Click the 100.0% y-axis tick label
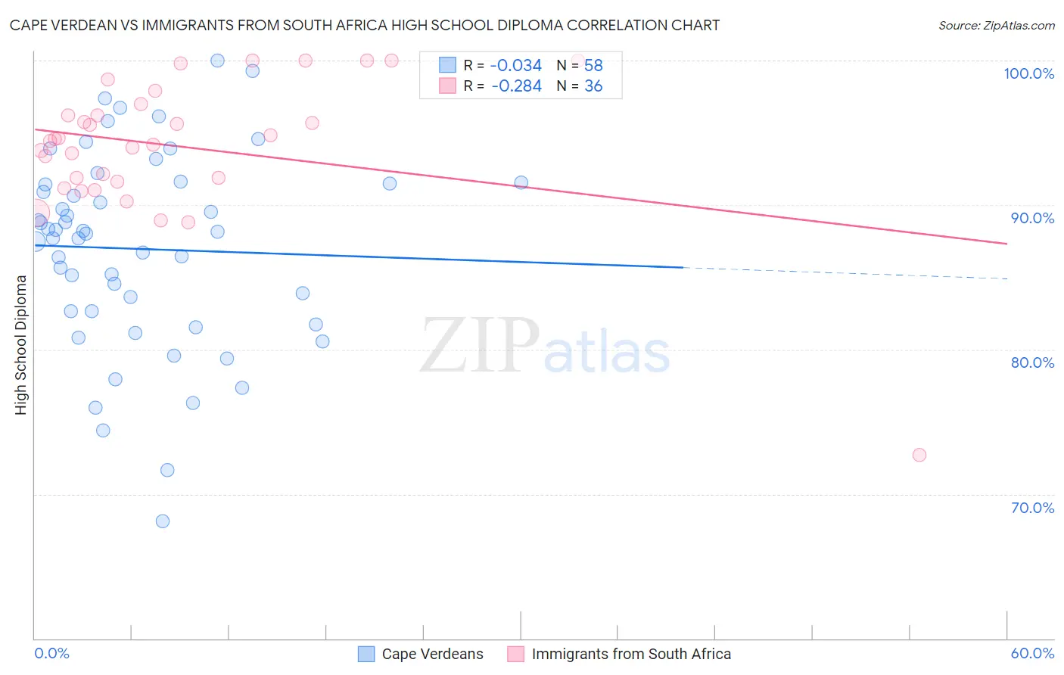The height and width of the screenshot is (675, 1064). (1028, 73)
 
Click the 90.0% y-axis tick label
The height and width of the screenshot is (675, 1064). (1032, 218)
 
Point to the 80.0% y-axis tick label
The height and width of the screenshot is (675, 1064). (1032, 362)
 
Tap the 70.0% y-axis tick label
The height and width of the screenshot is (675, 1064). (1032, 508)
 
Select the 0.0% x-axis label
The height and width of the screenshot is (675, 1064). (51, 653)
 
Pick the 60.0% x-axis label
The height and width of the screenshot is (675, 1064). (1032, 653)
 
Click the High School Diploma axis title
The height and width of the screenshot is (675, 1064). (21, 344)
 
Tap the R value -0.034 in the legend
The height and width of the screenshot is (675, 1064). (516, 66)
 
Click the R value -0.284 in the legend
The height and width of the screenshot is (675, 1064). (516, 86)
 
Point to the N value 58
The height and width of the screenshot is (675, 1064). (593, 66)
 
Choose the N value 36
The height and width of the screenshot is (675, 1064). (593, 86)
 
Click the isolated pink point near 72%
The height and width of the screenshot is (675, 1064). (919, 455)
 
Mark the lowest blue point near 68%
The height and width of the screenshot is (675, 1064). (163, 521)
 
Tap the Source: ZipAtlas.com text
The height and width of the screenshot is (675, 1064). (996, 26)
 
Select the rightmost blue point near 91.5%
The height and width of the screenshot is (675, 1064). (521, 182)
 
